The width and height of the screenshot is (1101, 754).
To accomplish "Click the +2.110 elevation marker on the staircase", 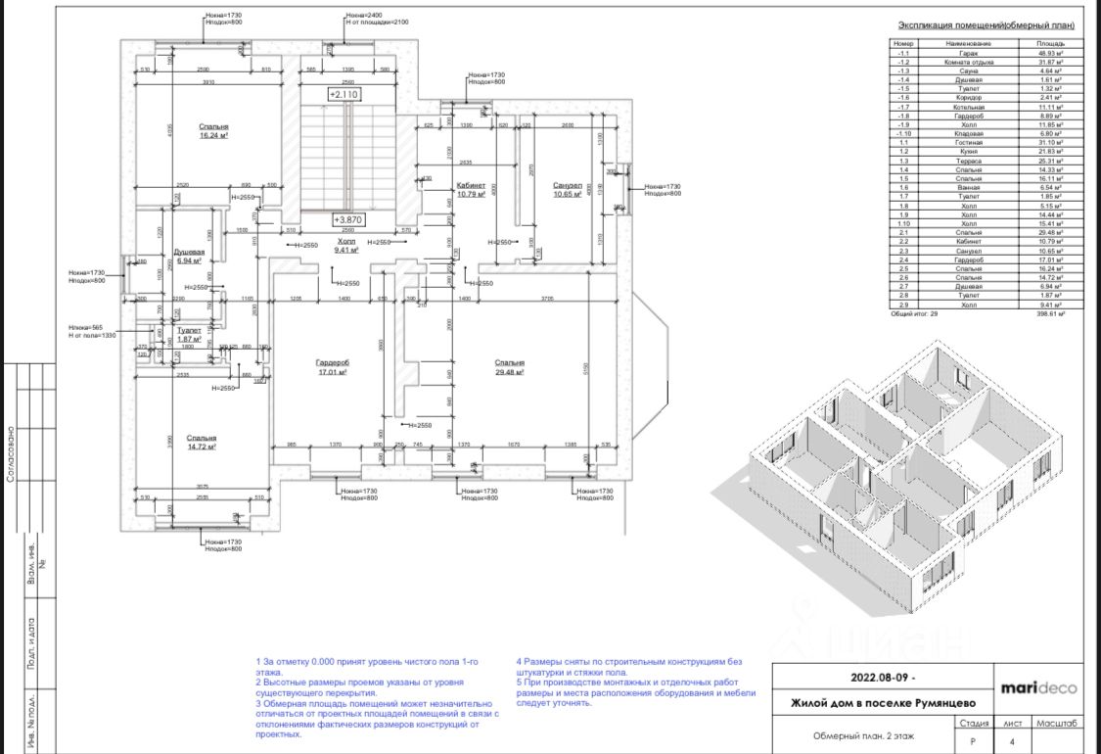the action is coord(344,95).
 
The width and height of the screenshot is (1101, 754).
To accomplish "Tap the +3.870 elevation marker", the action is coord(347,220).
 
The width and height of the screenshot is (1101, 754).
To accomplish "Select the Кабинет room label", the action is coord(471,185).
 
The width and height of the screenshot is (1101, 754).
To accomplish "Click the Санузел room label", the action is coord(568,186).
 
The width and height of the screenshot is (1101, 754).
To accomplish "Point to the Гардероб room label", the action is coord(333,363).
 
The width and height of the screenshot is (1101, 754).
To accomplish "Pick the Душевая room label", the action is coord(188,253).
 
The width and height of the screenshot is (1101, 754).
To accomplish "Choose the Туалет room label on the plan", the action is coord(189,331).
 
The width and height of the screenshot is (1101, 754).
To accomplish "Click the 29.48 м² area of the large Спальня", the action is coord(510,372).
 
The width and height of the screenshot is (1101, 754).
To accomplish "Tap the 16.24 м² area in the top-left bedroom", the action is coord(213,136).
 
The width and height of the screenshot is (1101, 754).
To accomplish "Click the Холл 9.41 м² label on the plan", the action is coord(346,245).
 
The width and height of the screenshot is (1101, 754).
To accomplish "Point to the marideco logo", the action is coord(1037,687).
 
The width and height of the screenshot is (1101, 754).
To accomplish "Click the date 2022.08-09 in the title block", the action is coord(884,678).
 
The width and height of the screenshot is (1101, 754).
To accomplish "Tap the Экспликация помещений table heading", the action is coord(986,26).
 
